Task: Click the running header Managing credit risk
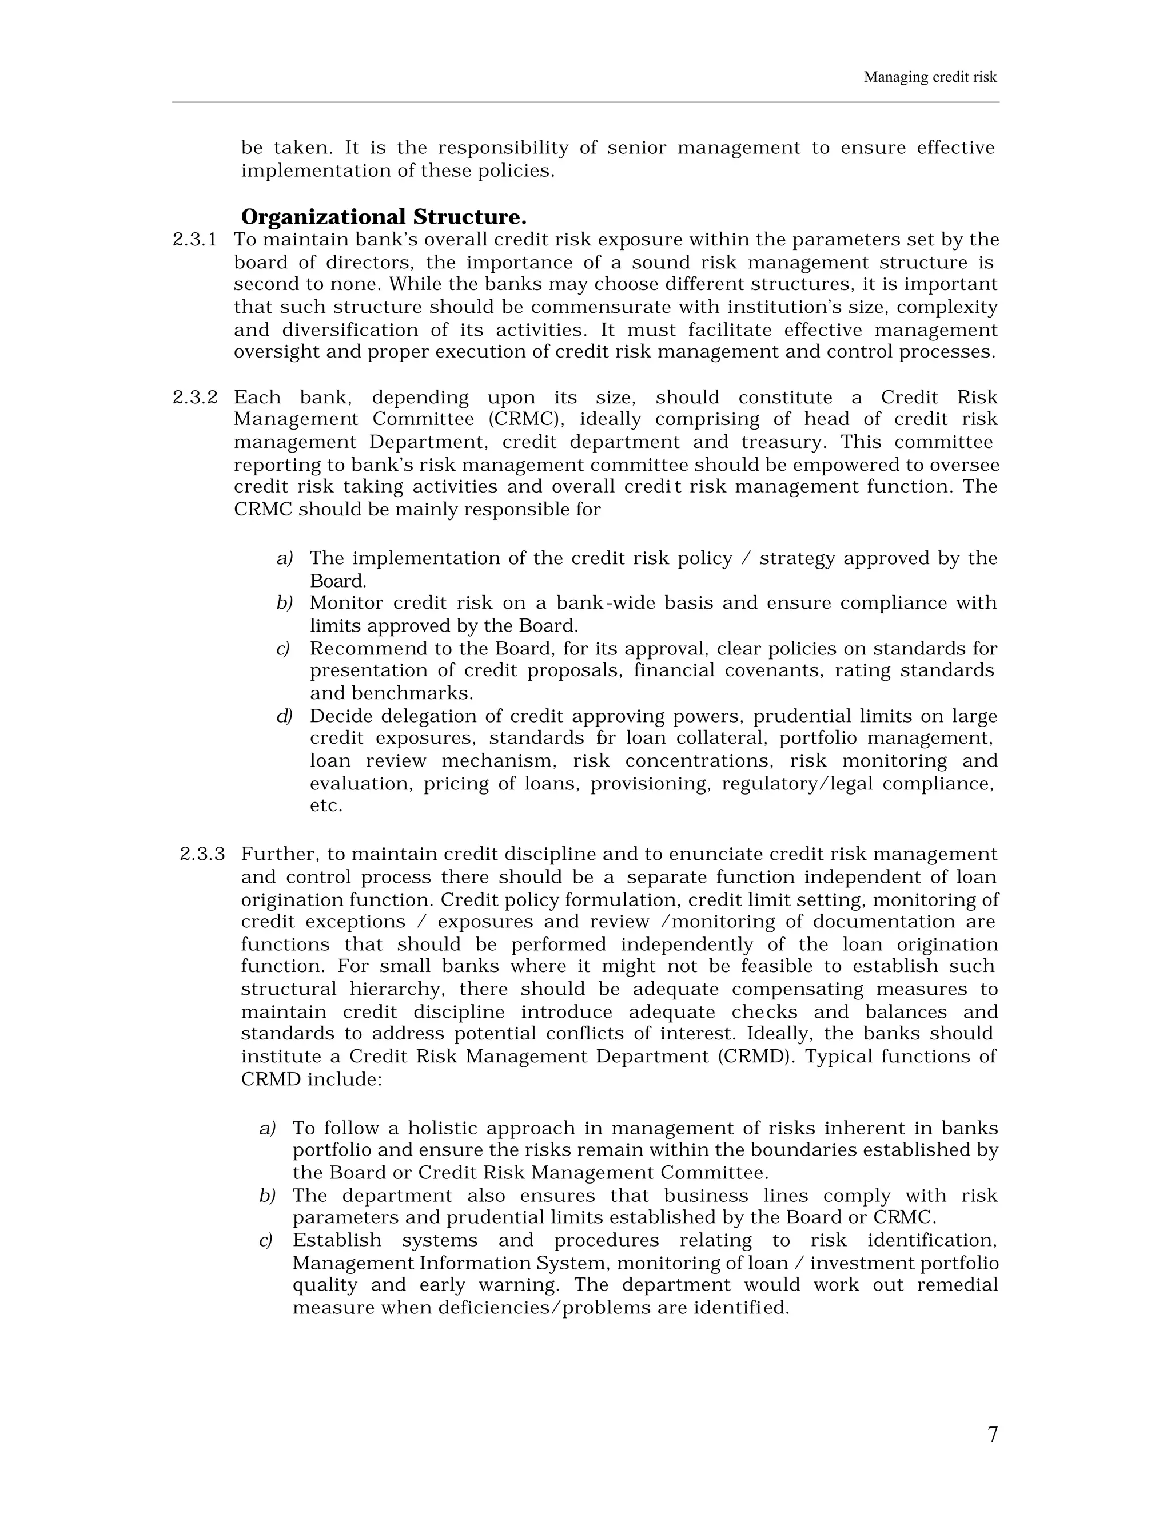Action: click(930, 77)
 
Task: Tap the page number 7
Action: click(992, 1434)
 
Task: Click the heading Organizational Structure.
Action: click(383, 217)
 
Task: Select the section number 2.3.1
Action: click(194, 240)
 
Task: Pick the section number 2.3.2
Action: click(195, 398)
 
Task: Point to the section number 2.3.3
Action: click(202, 855)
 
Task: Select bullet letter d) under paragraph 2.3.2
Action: click(284, 716)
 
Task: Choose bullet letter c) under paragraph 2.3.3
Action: click(266, 1240)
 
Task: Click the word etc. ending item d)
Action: click(326, 806)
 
